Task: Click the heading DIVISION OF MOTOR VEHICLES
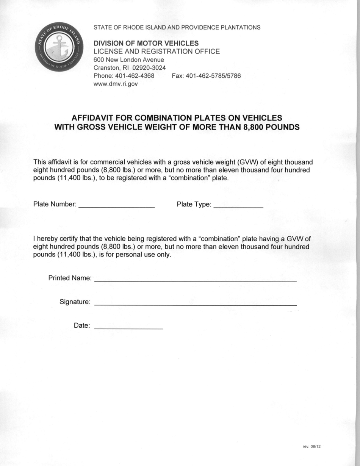pyautogui.click(x=146, y=44)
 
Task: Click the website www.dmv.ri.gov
pyautogui.click(x=116, y=84)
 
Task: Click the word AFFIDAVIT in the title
pyautogui.click(x=91, y=118)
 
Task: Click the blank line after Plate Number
pyautogui.click(x=116, y=207)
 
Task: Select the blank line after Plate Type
pyautogui.click(x=238, y=207)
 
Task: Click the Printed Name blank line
pyautogui.click(x=195, y=281)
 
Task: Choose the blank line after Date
pyautogui.click(x=128, y=327)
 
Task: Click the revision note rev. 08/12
pyautogui.click(x=312, y=447)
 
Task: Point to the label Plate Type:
pyautogui.click(x=194, y=205)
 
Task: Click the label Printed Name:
pyautogui.click(x=70, y=278)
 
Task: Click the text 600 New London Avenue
pyautogui.click(x=129, y=60)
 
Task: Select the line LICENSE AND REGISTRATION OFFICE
pyautogui.click(x=157, y=52)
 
